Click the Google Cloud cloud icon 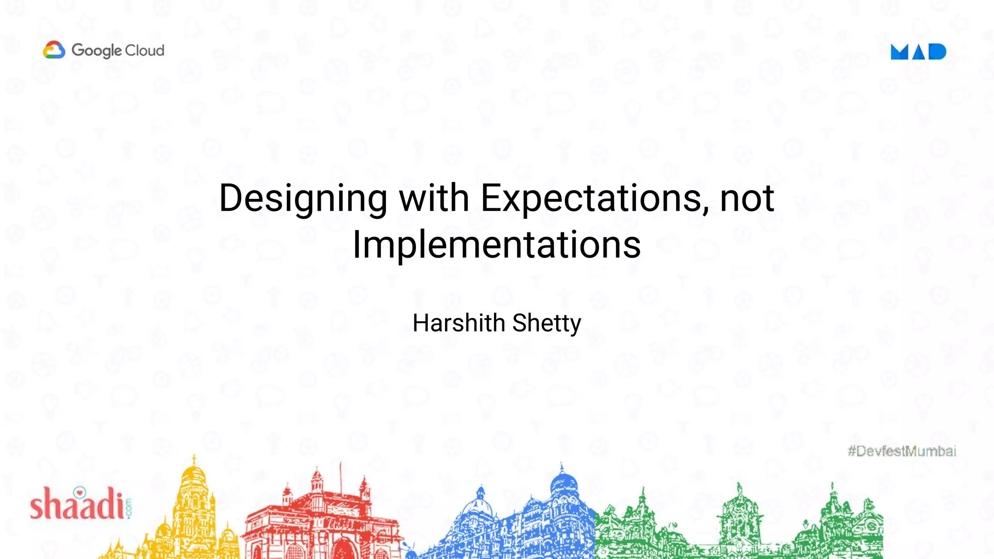(54, 50)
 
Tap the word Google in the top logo (96, 50)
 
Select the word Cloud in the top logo (145, 50)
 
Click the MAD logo (918, 51)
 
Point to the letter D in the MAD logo (937, 51)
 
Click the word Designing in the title (303, 198)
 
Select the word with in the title (434, 198)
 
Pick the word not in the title (746, 198)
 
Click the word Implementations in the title (497, 245)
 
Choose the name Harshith (459, 323)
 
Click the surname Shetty (547, 323)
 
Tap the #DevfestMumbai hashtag (902, 451)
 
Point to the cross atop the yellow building (194, 459)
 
